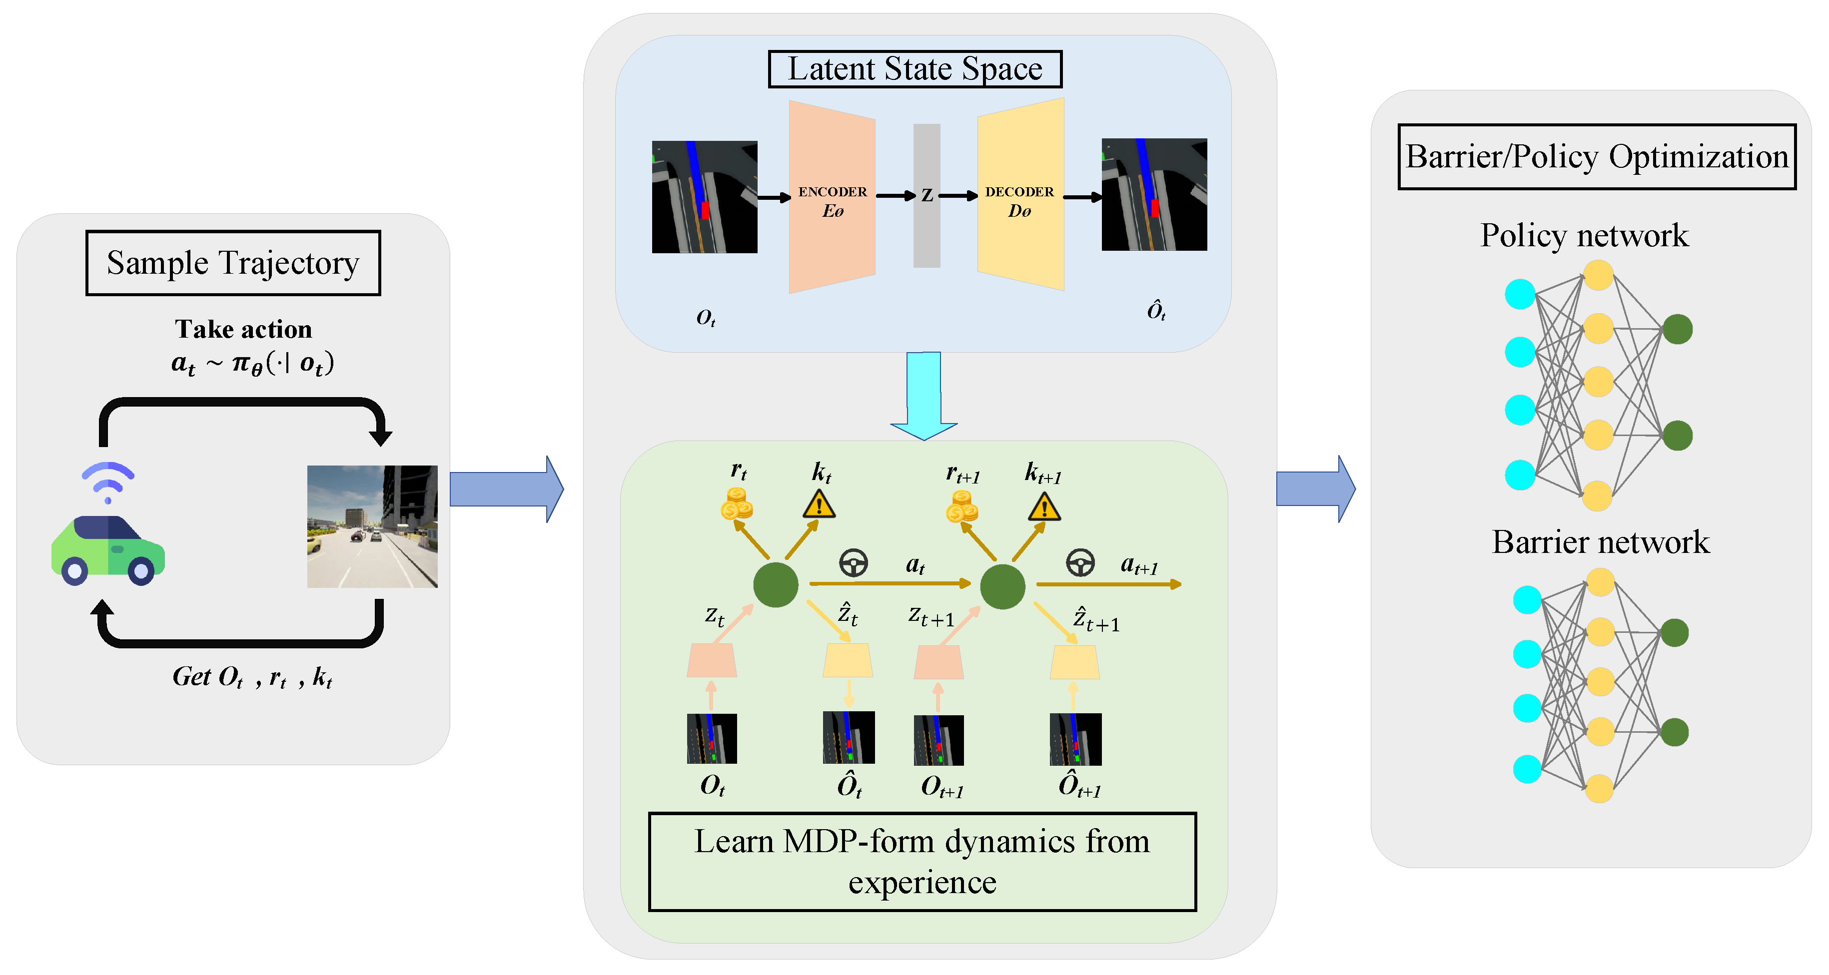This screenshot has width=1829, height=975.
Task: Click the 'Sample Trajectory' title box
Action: (233, 263)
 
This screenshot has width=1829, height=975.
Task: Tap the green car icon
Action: (108, 550)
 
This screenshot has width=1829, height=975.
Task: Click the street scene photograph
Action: (372, 526)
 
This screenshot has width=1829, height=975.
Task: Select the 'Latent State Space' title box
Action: (915, 69)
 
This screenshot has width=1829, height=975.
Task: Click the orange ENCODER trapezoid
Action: (832, 197)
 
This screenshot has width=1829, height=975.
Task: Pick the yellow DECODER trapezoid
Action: (1020, 194)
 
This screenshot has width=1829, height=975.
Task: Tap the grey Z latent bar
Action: (926, 195)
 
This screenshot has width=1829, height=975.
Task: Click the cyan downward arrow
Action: (923, 395)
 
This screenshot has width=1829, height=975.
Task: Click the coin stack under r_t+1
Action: (962, 506)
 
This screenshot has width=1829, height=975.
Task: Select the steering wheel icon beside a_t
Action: (854, 563)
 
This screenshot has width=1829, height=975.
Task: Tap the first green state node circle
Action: (776, 585)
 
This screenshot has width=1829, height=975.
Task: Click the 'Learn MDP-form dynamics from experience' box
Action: (922, 862)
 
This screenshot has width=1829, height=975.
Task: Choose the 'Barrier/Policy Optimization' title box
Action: (1597, 157)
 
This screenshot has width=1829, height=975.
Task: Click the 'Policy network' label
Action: (1584, 235)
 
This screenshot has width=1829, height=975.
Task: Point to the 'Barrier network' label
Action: (1600, 542)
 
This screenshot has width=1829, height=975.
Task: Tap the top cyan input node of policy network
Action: (1520, 294)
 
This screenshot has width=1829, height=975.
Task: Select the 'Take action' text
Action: (243, 329)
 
